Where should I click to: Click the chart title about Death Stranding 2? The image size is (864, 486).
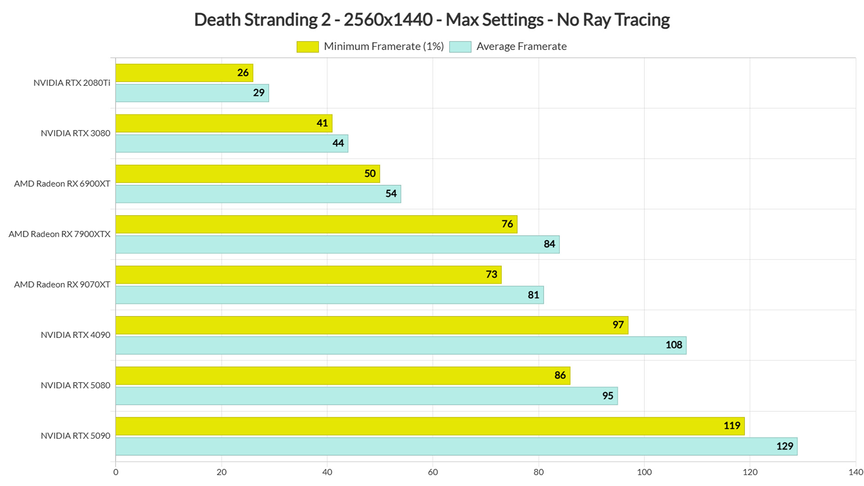pos(432,20)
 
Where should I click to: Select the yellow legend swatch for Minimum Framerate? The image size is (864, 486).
pos(308,47)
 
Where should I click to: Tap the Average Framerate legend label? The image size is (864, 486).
pos(522,46)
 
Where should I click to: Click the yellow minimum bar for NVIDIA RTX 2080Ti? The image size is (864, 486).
pos(184,73)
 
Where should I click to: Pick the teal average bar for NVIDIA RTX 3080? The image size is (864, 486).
pos(232,144)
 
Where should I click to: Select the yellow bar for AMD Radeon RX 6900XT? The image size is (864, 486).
pos(248,174)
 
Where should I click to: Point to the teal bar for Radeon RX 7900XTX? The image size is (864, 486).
pos(337,244)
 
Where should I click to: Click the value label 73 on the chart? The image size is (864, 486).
pos(491,274)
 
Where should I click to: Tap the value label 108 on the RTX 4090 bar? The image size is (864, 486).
pos(674,345)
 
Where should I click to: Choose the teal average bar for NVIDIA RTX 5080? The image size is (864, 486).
pos(367,396)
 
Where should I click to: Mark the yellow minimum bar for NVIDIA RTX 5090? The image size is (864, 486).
pos(430,426)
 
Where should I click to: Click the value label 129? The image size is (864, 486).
pos(785,446)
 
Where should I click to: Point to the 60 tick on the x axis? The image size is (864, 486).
pos(433,472)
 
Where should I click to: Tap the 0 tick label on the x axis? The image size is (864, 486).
pos(116,472)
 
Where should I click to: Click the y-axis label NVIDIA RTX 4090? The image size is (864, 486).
pos(76,335)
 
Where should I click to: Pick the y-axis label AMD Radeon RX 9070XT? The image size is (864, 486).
pos(62,284)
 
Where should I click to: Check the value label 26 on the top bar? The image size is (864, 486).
pos(243,73)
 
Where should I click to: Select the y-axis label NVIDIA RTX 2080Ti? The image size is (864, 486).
pos(72,83)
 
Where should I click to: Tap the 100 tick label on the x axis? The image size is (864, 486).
pos(644,472)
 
